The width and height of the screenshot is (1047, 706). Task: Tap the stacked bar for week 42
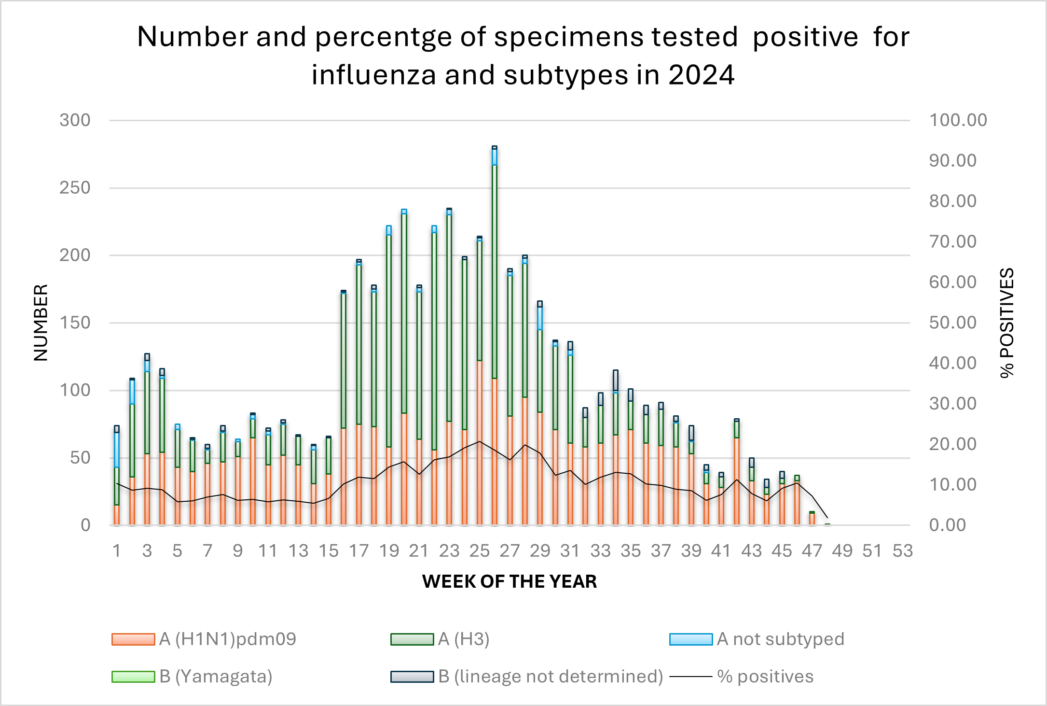tap(737, 473)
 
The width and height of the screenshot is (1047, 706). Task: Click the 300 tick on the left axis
tap(75, 120)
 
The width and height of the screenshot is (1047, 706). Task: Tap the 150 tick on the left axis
tap(75, 323)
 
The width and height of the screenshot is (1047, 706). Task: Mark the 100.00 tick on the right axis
tap(958, 120)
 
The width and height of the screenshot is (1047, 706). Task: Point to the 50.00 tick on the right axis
tap(952, 323)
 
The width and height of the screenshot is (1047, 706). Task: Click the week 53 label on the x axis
tap(902, 551)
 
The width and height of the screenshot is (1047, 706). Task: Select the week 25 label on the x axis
tap(480, 551)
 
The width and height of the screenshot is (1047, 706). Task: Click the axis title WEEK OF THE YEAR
tap(509, 581)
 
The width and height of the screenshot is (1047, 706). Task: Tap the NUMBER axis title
tap(41, 323)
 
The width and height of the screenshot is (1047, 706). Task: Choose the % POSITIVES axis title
tap(1007, 323)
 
